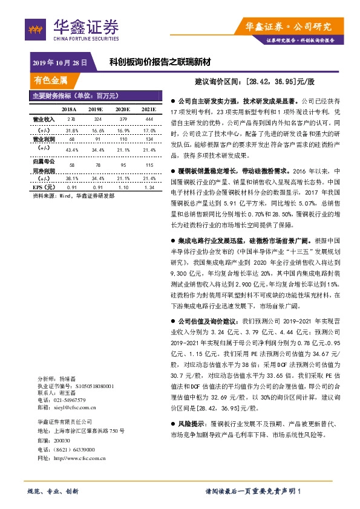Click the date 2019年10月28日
(61, 62)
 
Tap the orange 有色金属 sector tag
(51, 79)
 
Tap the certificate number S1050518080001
(84, 385)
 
